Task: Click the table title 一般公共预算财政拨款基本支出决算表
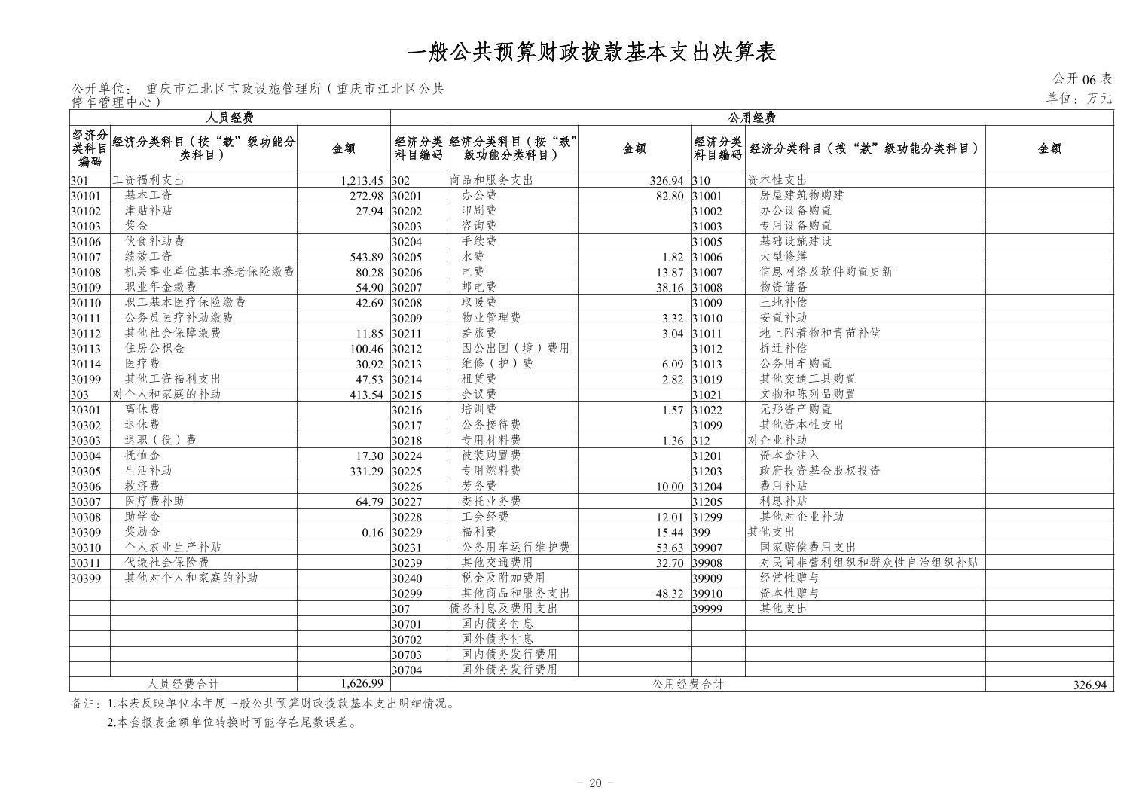591,51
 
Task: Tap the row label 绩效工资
148,257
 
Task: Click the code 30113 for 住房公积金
85,349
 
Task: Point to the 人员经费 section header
230,118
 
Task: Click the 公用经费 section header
751,118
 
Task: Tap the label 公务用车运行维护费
515,548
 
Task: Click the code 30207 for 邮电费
407,288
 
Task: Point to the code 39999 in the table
707,609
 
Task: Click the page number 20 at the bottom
594,783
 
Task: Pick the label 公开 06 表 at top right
1082,79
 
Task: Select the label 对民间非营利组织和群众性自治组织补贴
869,563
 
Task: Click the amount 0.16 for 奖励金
372,533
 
